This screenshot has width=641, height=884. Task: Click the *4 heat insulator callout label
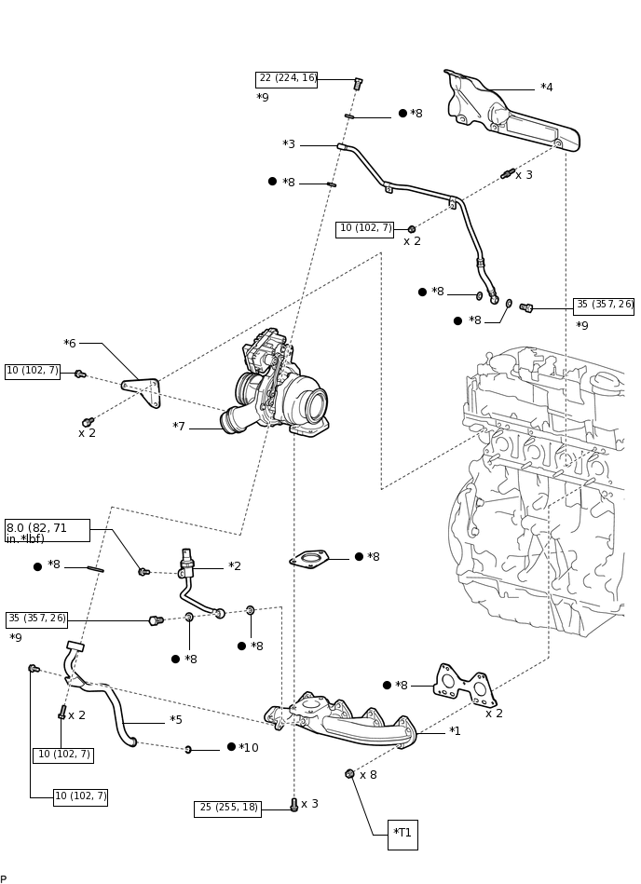546,88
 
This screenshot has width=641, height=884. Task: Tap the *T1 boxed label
402,834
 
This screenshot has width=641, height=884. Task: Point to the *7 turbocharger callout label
179,428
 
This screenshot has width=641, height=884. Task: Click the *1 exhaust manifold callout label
455,732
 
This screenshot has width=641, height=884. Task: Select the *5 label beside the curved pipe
176,721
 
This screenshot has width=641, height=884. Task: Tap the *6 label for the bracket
70,344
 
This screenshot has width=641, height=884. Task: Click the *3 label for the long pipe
289,145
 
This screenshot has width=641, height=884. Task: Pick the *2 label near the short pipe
235,566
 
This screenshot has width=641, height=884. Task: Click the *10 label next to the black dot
249,748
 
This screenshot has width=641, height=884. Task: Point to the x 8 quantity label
368,775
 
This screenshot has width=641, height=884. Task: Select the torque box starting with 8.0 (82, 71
48,530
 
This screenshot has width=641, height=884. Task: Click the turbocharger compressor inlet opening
316,406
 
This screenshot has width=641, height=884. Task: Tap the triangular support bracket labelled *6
144,390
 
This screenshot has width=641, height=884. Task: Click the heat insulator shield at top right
512,116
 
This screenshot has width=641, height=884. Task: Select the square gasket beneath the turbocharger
310,559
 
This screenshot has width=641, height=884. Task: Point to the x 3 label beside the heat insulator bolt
524,175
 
